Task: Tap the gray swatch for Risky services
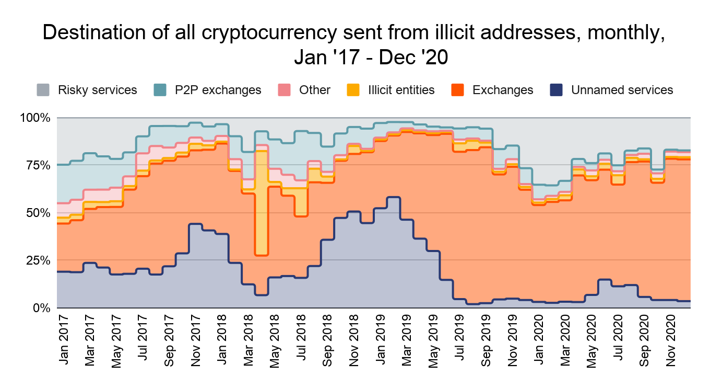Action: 44,90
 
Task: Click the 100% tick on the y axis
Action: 35,118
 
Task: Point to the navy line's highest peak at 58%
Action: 393,197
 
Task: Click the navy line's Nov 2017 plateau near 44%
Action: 195,224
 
